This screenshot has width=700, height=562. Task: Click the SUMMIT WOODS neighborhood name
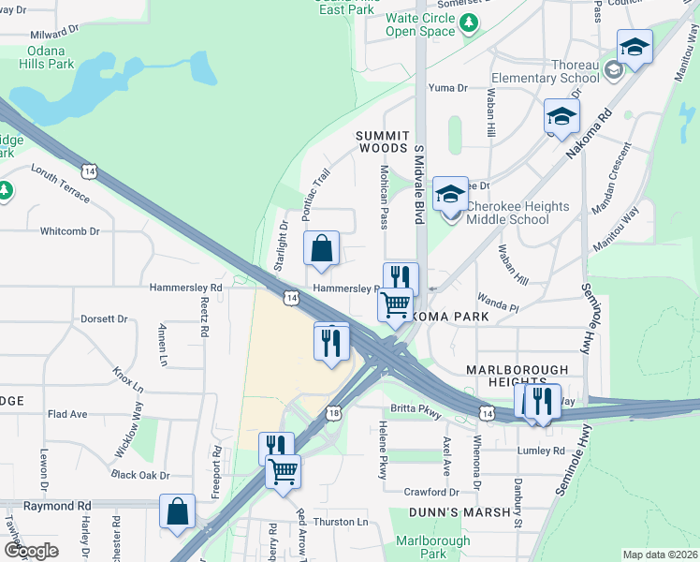pyautogui.click(x=382, y=142)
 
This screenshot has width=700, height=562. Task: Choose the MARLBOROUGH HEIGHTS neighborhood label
pyautogui.click(x=518, y=373)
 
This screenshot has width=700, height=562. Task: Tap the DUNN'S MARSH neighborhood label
pyautogui.click(x=459, y=512)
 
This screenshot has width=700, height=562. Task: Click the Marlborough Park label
pyautogui.click(x=432, y=547)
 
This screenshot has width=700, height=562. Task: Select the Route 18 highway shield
pyautogui.click(x=334, y=413)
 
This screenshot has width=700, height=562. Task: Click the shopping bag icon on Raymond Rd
pyautogui.click(x=177, y=511)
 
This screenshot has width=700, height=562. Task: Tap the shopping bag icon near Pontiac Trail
pyautogui.click(x=321, y=249)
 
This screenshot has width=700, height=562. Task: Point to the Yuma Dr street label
pyautogui.click(x=447, y=88)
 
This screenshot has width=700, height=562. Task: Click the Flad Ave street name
pyautogui.click(x=66, y=413)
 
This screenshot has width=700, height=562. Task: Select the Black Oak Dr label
pyautogui.click(x=140, y=476)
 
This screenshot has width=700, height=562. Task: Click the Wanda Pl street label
pyautogui.click(x=498, y=306)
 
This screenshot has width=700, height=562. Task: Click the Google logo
pyautogui.click(x=31, y=551)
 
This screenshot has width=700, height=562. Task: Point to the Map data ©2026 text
pyautogui.click(x=660, y=555)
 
